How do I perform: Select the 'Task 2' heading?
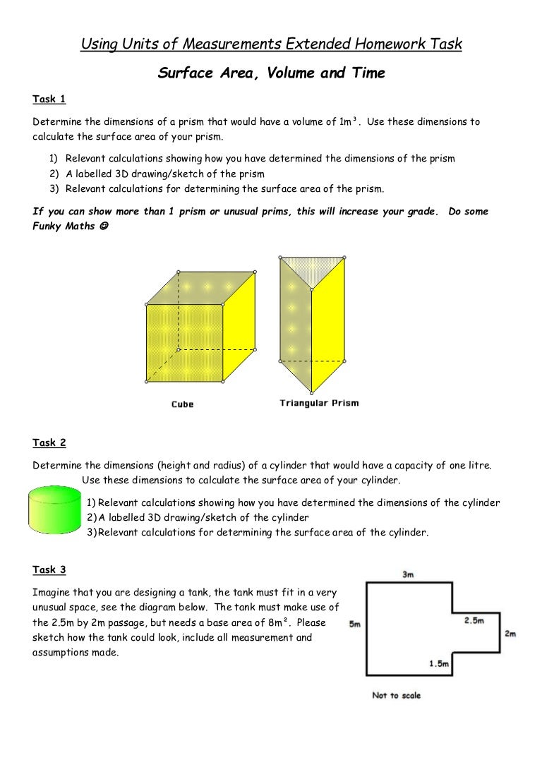click(x=49, y=442)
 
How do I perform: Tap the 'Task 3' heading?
click(x=49, y=569)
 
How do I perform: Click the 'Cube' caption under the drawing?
click(x=182, y=404)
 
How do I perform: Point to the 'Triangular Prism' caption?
click(x=319, y=403)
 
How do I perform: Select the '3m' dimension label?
click(x=408, y=574)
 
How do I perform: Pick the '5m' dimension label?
click(x=356, y=624)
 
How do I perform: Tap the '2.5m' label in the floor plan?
click(x=474, y=620)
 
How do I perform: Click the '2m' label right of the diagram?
click(x=510, y=634)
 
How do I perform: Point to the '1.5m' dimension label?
click(x=440, y=663)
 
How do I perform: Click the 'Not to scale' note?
click(x=396, y=695)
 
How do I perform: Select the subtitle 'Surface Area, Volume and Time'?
click(x=271, y=73)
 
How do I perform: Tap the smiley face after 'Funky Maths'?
click(x=104, y=227)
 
